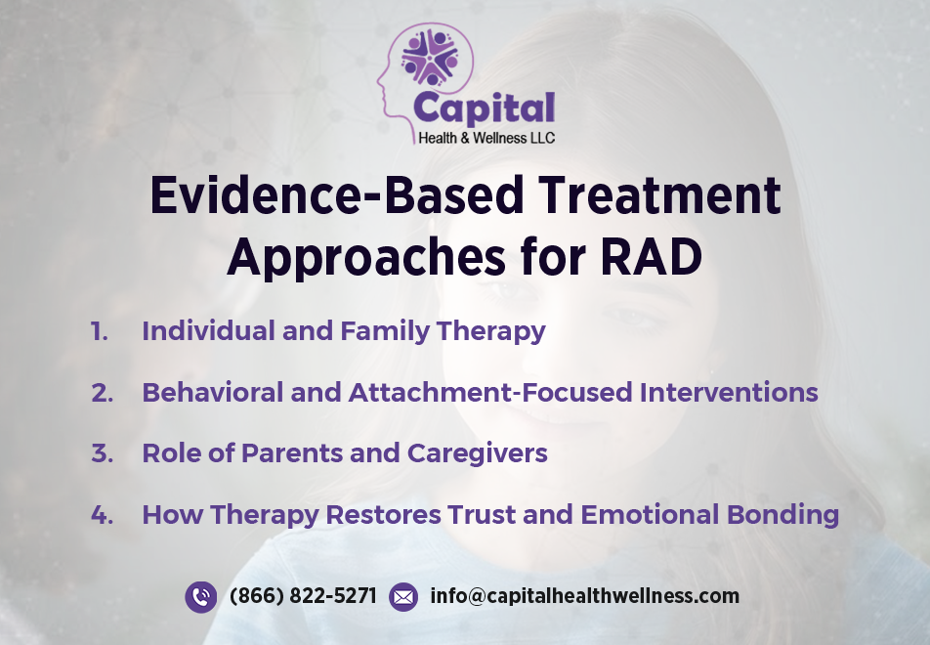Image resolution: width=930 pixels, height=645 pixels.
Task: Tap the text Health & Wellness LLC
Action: (x=486, y=138)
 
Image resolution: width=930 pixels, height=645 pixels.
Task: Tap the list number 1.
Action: (x=100, y=331)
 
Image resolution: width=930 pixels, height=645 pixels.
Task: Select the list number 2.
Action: (x=102, y=393)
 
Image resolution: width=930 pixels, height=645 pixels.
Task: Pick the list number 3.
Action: (x=102, y=453)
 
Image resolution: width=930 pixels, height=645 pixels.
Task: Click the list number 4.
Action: (x=102, y=515)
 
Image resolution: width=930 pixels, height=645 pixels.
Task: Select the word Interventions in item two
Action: (x=729, y=393)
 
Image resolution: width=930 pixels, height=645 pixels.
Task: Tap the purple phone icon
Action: (x=200, y=596)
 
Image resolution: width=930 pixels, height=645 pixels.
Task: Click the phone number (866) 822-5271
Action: (x=303, y=596)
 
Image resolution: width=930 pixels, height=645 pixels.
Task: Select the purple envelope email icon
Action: (x=403, y=596)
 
